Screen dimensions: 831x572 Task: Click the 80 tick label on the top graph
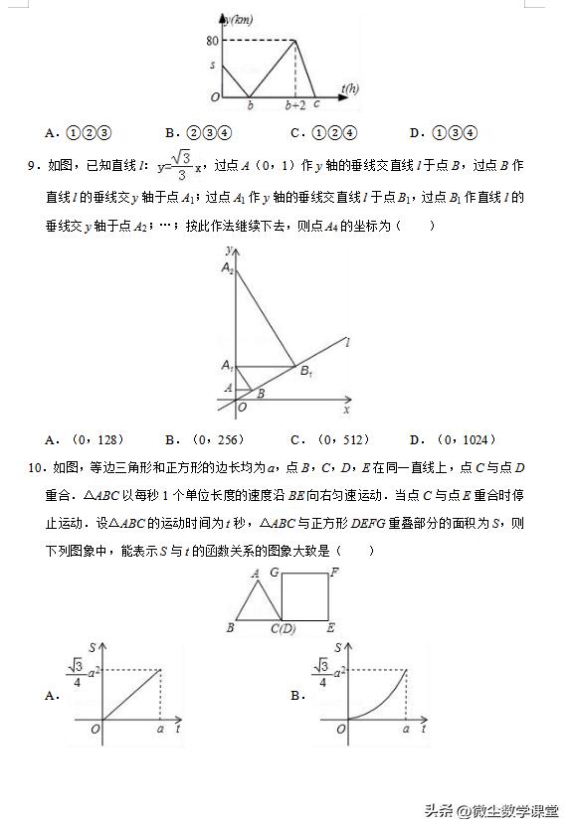coord(211,41)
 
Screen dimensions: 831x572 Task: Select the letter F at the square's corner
coord(334,573)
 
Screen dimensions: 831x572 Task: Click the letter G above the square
coord(274,573)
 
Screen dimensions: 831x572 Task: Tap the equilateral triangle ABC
coord(255,604)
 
